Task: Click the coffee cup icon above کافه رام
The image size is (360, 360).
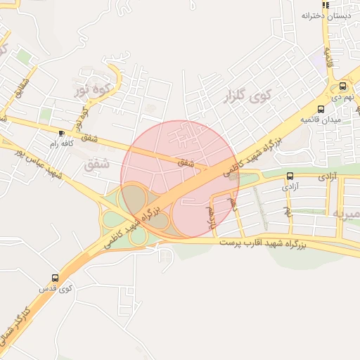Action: [61, 133]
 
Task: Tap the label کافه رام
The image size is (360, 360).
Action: [62, 143]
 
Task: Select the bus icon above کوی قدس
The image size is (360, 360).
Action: [56, 278]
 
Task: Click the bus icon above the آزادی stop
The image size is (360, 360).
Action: [290, 176]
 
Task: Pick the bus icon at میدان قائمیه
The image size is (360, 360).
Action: [321, 109]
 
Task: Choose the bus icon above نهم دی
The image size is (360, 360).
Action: [342, 86]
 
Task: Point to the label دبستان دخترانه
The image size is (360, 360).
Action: [326, 15]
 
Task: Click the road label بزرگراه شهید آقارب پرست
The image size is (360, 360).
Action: [264, 242]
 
